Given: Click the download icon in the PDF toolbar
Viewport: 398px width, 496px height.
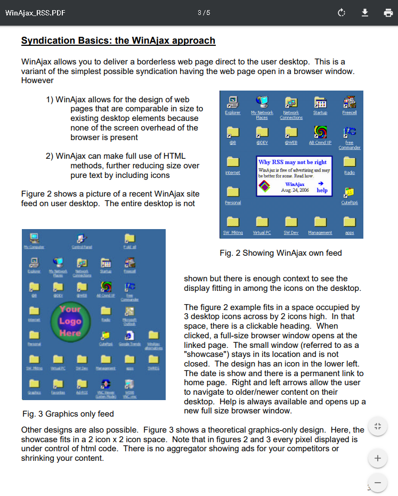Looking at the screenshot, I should click(365, 13).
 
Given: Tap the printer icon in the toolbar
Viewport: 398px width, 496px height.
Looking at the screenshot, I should click(388, 13).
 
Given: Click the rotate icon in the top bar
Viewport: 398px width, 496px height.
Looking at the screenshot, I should click(342, 13).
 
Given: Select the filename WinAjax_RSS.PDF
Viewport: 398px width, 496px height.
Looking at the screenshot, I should click(35, 13).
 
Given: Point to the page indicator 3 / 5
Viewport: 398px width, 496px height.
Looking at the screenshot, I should click(204, 13).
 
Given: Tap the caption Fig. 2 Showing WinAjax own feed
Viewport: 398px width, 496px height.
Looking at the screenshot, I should click(280, 253).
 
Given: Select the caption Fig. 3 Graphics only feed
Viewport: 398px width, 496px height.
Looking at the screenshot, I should click(68, 413).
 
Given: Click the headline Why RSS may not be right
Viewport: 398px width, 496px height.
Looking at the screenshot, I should click(293, 162).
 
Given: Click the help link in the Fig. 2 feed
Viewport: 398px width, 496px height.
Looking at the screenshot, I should click(322, 190).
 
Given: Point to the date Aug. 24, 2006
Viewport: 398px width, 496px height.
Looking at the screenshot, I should click(295, 190).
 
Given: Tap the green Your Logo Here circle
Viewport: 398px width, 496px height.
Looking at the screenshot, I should click(70, 321).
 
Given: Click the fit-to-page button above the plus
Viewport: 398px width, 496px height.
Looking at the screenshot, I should click(378, 426).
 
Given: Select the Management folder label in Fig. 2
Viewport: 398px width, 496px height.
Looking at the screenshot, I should click(320, 233).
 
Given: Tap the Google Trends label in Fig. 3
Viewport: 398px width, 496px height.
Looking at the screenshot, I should click(129, 345).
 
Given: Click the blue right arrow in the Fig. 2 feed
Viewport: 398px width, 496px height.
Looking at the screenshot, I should click(321, 183).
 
